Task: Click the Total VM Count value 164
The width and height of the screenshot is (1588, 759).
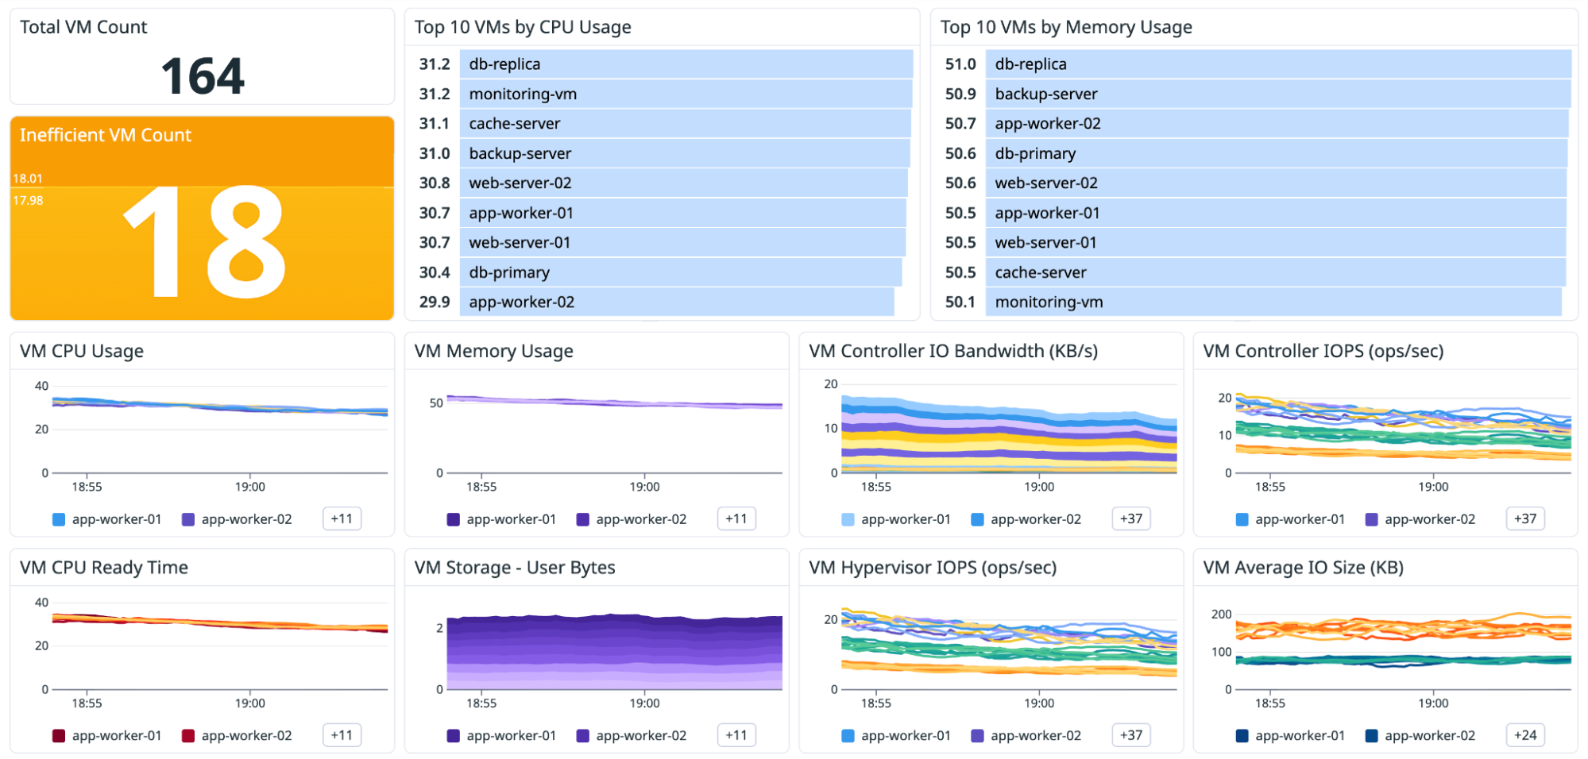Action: tap(203, 76)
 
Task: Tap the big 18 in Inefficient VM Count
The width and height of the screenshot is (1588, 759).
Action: tap(204, 242)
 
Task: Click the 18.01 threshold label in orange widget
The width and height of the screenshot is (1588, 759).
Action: tap(28, 179)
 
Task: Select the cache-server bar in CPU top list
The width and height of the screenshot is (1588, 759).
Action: tap(685, 123)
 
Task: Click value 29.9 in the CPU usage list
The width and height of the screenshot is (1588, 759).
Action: tap(435, 302)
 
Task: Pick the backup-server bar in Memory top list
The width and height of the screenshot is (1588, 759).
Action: tap(1277, 94)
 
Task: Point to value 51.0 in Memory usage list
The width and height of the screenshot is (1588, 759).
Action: tap(960, 64)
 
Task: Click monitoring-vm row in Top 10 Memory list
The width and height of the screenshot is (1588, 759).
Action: tap(1273, 302)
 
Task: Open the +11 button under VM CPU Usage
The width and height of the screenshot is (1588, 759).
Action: tap(342, 518)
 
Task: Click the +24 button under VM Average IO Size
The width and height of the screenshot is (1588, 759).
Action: tap(1524, 735)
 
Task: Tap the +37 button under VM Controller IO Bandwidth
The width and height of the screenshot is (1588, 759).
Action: tap(1130, 518)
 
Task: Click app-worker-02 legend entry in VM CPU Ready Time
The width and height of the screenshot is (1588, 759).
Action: tap(246, 735)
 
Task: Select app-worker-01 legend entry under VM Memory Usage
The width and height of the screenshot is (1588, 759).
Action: tap(511, 519)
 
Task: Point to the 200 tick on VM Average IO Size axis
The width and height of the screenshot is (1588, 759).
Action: tap(1221, 614)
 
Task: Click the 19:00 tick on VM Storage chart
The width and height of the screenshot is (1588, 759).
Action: tap(644, 703)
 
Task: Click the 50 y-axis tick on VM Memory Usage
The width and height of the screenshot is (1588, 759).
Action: tap(436, 403)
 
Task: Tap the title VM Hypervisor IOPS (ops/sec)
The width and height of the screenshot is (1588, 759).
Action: tap(932, 568)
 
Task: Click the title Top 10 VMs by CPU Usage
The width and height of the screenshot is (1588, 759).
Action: tap(522, 27)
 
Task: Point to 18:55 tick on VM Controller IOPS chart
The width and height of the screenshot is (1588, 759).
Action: tap(1269, 487)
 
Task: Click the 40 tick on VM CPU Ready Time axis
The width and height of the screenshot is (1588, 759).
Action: tap(41, 603)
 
